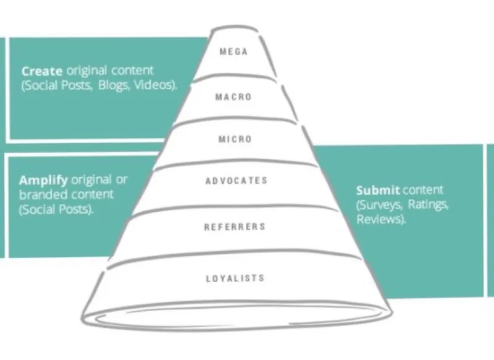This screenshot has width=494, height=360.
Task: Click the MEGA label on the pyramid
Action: (234, 52)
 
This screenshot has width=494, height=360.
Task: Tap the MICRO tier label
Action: (235, 140)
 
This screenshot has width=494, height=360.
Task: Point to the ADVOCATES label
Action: (236, 181)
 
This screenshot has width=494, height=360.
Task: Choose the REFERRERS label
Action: (235, 227)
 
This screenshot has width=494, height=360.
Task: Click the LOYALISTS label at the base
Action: (235, 278)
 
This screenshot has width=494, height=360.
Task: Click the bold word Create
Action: (42, 72)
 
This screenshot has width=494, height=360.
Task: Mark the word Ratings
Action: (430, 205)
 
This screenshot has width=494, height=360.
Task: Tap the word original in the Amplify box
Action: (91, 180)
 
